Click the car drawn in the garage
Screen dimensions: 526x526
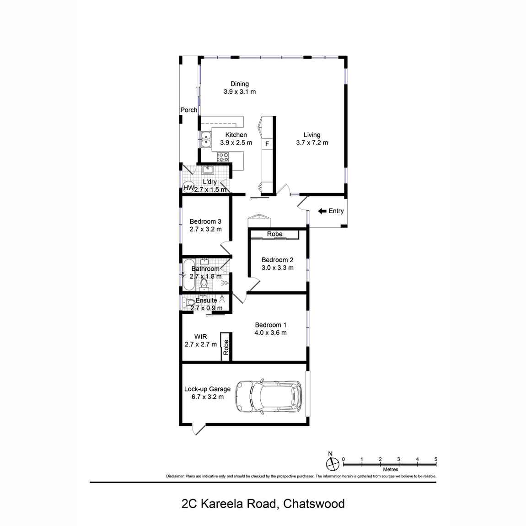(269, 397)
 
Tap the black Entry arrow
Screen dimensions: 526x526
(322, 211)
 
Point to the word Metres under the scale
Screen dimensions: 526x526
(391, 469)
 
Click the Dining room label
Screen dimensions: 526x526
(239, 84)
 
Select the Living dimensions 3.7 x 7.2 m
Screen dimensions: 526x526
(312, 143)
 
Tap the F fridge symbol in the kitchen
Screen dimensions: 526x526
(267, 144)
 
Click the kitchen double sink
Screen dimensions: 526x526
(206, 139)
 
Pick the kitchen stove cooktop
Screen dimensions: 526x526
(223, 157)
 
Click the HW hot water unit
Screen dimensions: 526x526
(188, 188)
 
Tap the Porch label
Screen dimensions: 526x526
(188, 110)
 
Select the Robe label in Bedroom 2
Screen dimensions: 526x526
(275, 234)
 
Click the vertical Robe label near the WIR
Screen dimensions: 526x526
(225, 348)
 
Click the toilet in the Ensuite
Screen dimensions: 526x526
(188, 303)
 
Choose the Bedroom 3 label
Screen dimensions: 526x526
(205, 222)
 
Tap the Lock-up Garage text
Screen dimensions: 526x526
(207, 389)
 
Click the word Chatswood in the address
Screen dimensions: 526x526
(314, 504)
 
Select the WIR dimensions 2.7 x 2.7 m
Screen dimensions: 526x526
(201, 344)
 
